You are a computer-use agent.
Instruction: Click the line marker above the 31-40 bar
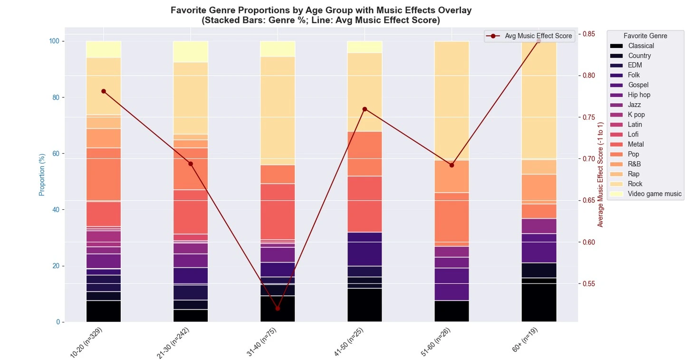[278, 308]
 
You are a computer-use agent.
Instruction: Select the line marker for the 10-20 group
[104, 91]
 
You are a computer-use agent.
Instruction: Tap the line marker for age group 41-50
[365, 109]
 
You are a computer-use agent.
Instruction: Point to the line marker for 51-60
[452, 165]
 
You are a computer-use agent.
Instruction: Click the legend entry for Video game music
[654, 194]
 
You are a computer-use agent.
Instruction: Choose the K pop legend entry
[636, 115]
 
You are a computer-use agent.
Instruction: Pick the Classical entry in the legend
[640, 46]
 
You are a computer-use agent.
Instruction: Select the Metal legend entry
[635, 144]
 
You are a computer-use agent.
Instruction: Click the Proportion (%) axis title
[42, 175]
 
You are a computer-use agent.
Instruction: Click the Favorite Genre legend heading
[645, 36]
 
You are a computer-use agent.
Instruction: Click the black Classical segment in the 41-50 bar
[365, 305]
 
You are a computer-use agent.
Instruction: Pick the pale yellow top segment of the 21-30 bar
[191, 51]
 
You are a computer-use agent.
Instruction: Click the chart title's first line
[321, 10]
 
